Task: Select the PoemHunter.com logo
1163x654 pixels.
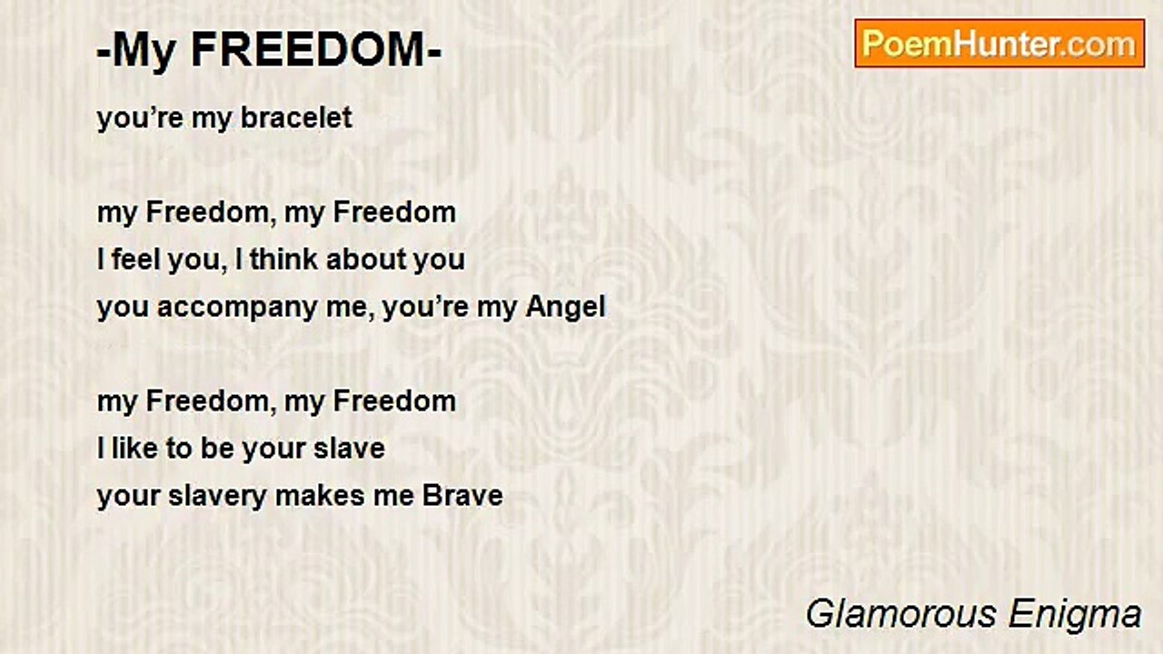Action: coord(999,44)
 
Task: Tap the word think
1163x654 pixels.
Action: coord(283,260)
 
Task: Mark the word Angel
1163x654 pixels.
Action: coord(565,307)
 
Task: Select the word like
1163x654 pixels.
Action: coord(134,449)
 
